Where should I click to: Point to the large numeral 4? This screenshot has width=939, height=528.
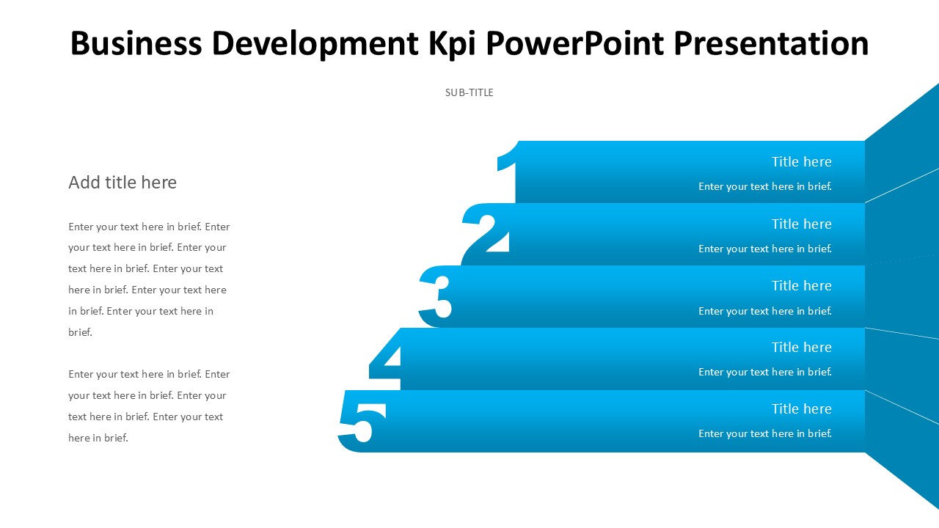[387, 359]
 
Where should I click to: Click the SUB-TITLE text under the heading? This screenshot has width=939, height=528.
[469, 92]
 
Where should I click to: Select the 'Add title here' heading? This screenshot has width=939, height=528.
[123, 183]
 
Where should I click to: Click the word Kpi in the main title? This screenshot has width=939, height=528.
[453, 43]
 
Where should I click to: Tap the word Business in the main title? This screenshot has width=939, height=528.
[137, 43]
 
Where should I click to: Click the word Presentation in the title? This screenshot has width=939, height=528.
[771, 43]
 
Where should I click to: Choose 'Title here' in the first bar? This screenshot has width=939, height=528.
[801, 162]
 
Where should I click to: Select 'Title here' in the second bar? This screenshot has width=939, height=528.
[801, 224]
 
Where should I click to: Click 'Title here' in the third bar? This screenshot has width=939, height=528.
[801, 286]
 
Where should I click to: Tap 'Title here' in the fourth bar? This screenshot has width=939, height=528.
[801, 348]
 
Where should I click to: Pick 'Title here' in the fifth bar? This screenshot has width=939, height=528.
[801, 409]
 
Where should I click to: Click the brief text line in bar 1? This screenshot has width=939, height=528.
[765, 187]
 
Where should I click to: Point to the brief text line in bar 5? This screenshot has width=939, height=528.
[765, 434]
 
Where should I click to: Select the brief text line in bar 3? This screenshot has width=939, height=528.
[765, 312]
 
